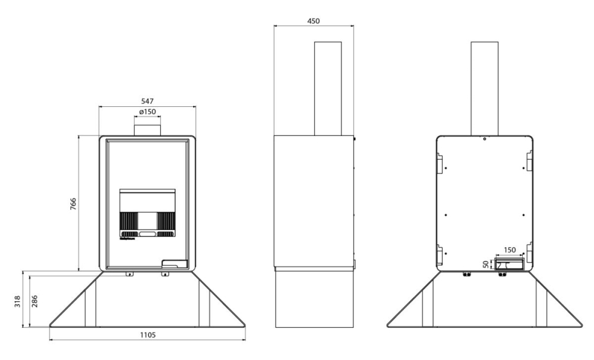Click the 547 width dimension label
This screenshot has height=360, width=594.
pos(147,101)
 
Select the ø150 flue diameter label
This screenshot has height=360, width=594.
pos(147,112)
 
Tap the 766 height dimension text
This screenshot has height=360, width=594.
pos(73,204)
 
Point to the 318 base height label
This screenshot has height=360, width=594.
pos(18,301)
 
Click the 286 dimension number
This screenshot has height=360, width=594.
pos(34,301)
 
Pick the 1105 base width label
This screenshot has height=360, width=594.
pos(148,334)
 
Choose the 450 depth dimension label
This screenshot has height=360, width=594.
pos(313,21)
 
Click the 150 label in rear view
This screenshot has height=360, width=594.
pos(510,250)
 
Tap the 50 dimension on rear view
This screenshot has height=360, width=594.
pos(486,264)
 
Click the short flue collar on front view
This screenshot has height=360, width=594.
pos(147,126)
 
